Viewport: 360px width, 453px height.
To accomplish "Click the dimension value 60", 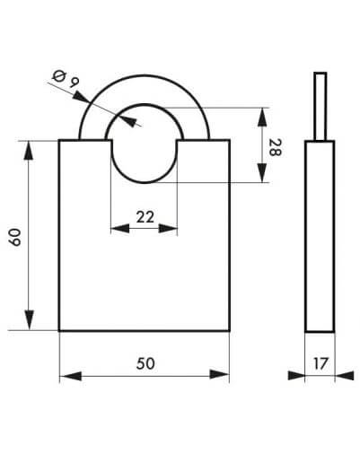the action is (x=14, y=237).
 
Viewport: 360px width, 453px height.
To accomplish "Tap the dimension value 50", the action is (x=145, y=363).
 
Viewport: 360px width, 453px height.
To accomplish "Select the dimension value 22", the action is (x=145, y=217).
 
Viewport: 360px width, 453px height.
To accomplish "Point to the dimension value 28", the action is (x=275, y=147).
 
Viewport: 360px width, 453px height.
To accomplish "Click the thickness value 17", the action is (x=320, y=363).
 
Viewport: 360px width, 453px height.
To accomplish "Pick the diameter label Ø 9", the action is (x=66, y=79).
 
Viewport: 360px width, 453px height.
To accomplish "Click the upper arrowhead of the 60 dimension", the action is (x=29, y=151).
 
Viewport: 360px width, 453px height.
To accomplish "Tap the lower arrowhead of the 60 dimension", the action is (x=29, y=320).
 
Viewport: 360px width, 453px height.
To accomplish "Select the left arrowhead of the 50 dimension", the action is (x=71, y=376).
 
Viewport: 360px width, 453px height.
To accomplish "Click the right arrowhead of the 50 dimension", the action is (x=219, y=374).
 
